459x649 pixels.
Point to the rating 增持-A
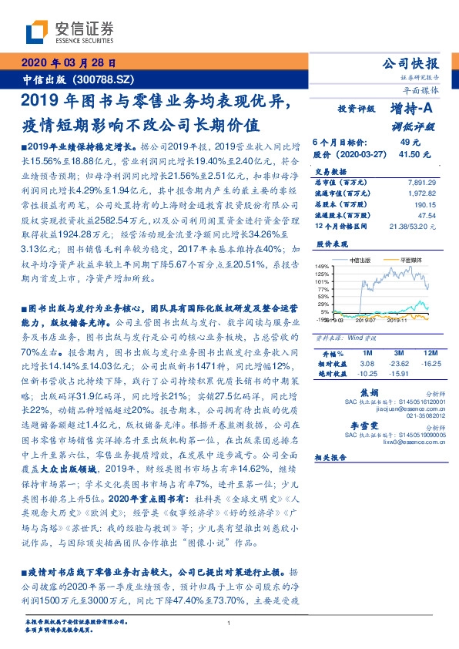pyautogui.click(x=411, y=109)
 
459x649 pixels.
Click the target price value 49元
pyautogui.click(x=409, y=143)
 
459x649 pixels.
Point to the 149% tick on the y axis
pyautogui.click(x=323, y=266)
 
